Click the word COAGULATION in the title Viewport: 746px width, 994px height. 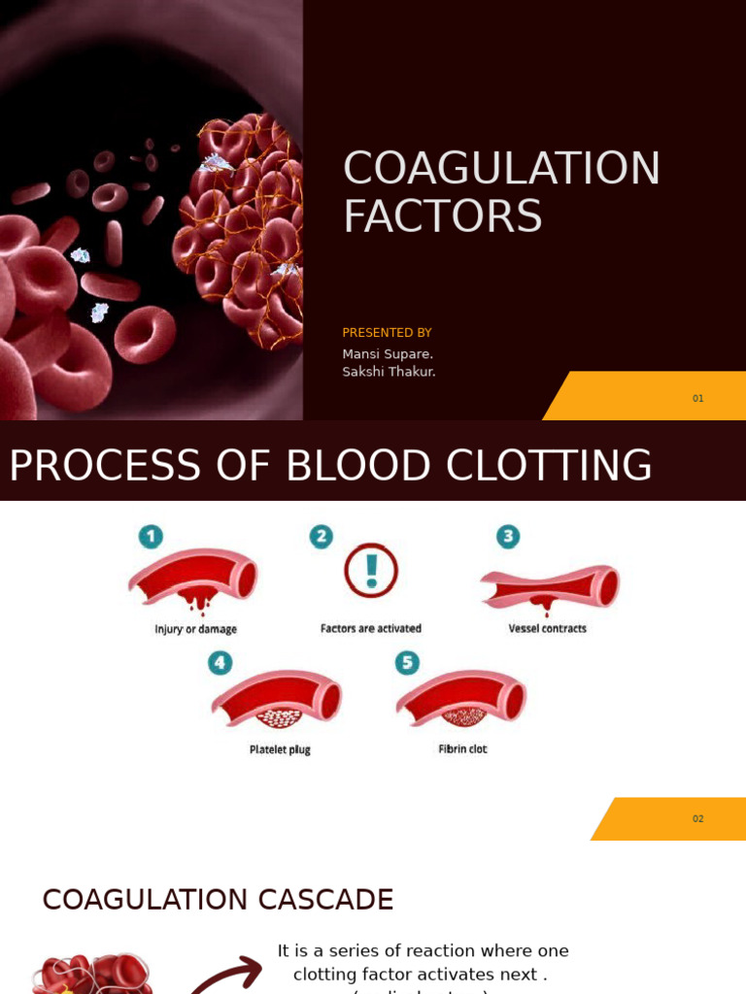[x=501, y=169]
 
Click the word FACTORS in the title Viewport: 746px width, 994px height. [x=442, y=216]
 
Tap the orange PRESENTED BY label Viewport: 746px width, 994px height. [x=387, y=333]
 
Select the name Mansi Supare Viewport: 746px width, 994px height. [x=388, y=354]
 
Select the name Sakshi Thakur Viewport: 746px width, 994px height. [x=389, y=372]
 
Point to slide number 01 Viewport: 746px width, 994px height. [x=697, y=398]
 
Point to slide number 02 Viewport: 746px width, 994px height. [x=697, y=818]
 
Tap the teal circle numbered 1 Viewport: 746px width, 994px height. [x=151, y=537]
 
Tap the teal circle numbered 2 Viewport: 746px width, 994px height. [x=321, y=537]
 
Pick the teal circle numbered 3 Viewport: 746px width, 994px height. [x=508, y=537]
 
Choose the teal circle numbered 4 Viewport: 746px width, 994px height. [x=220, y=663]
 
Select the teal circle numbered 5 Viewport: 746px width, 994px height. [x=407, y=663]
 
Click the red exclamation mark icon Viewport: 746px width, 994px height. [x=371, y=570]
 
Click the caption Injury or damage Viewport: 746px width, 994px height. [x=195, y=629]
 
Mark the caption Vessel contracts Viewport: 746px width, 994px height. [x=548, y=628]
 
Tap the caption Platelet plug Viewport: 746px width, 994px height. [x=280, y=749]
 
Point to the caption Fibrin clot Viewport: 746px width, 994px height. [x=463, y=748]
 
